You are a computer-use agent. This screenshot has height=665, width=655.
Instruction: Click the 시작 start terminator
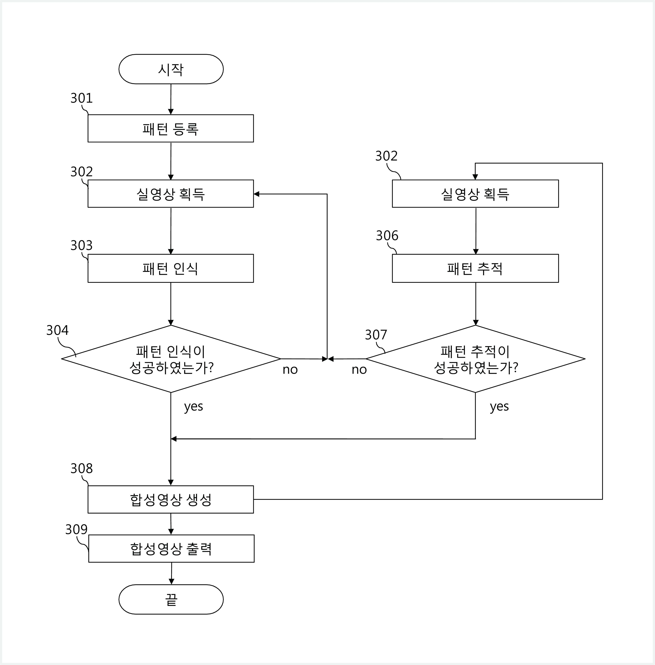(x=171, y=69)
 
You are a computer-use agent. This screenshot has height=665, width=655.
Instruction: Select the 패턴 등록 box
(x=171, y=128)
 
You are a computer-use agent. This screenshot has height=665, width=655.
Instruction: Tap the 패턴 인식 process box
(x=171, y=268)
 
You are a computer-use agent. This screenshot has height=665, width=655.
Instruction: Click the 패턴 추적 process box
(x=476, y=268)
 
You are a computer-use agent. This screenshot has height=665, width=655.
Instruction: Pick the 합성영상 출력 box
(x=171, y=548)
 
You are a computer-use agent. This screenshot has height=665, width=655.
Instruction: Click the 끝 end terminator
(x=171, y=599)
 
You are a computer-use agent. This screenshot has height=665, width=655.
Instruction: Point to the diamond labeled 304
(x=171, y=359)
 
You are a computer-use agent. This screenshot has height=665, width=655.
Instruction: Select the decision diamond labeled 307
(x=476, y=359)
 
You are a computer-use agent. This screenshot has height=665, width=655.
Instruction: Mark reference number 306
(x=387, y=236)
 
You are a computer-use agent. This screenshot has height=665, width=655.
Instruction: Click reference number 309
(x=76, y=529)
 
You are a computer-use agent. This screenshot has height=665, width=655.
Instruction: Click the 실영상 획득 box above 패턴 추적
(x=476, y=194)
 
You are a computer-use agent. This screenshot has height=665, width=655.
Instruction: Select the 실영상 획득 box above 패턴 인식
(x=171, y=194)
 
